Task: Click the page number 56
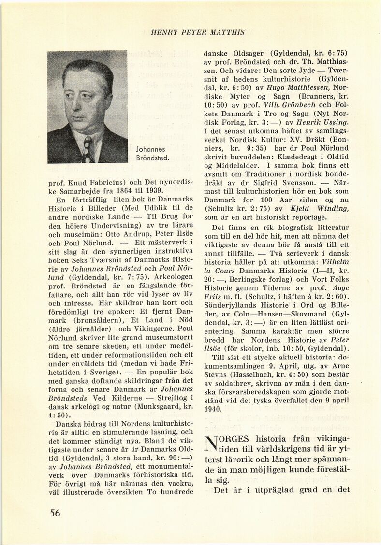55,513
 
